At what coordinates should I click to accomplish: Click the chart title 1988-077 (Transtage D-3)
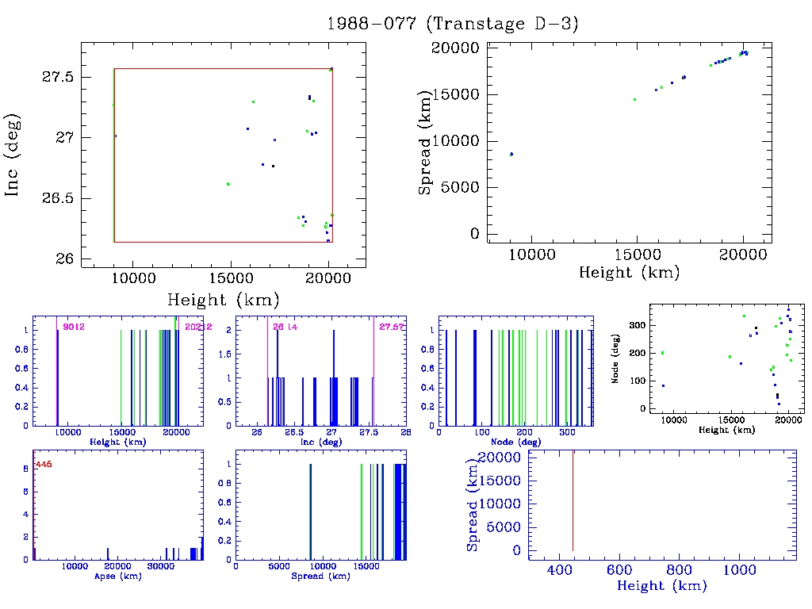[x=453, y=24]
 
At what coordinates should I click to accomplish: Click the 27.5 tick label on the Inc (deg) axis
[x=57, y=78]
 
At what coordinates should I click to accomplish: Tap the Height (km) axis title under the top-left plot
[x=223, y=300]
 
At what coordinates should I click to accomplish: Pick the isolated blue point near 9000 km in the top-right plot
[x=511, y=154]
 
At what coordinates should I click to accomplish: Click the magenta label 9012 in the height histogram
[x=74, y=327]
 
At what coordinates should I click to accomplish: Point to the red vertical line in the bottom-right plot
[x=573, y=500]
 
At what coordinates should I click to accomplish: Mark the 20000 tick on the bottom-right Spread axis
[x=501, y=458]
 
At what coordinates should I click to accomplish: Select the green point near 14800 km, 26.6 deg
[x=228, y=184]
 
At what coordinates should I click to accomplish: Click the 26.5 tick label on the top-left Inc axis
[x=57, y=198]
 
